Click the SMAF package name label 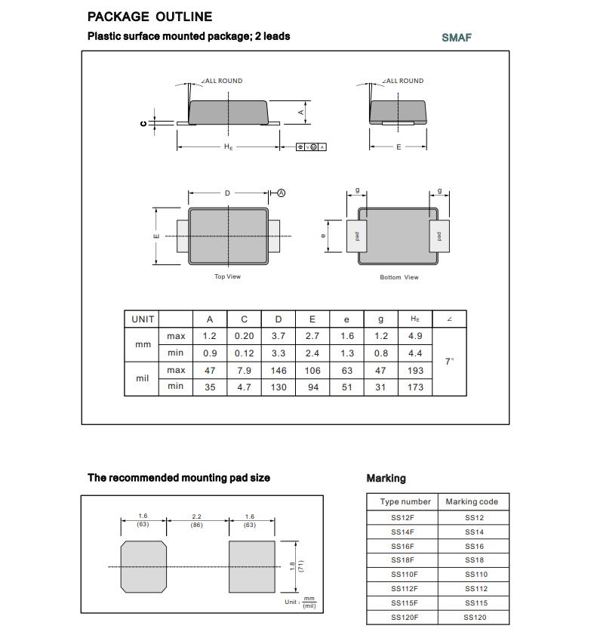pyautogui.click(x=456, y=37)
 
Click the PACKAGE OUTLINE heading pyautogui.click(x=149, y=17)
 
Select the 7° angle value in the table pyautogui.click(x=449, y=362)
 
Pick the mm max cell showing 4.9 pyautogui.click(x=415, y=336)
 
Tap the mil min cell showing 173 pyautogui.click(x=415, y=387)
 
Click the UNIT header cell pyautogui.click(x=143, y=319)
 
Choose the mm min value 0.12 pyautogui.click(x=244, y=353)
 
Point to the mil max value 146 pyautogui.click(x=279, y=370)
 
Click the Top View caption pyautogui.click(x=227, y=276)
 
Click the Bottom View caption pyautogui.click(x=399, y=277)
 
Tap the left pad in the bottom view pyautogui.click(x=356, y=236)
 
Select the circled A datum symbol pyautogui.click(x=282, y=193)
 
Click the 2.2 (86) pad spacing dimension pyautogui.click(x=197, y=520)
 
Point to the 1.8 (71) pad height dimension pyautogui.click(x=295, y=566)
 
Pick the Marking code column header pyautogui.click(x=472, y=502)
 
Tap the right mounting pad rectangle pyautogui.click(x=251, y=566)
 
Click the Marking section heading pyautogui.click(x=386, y=478)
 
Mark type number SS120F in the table pyautogui.click(x=405, y=618)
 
